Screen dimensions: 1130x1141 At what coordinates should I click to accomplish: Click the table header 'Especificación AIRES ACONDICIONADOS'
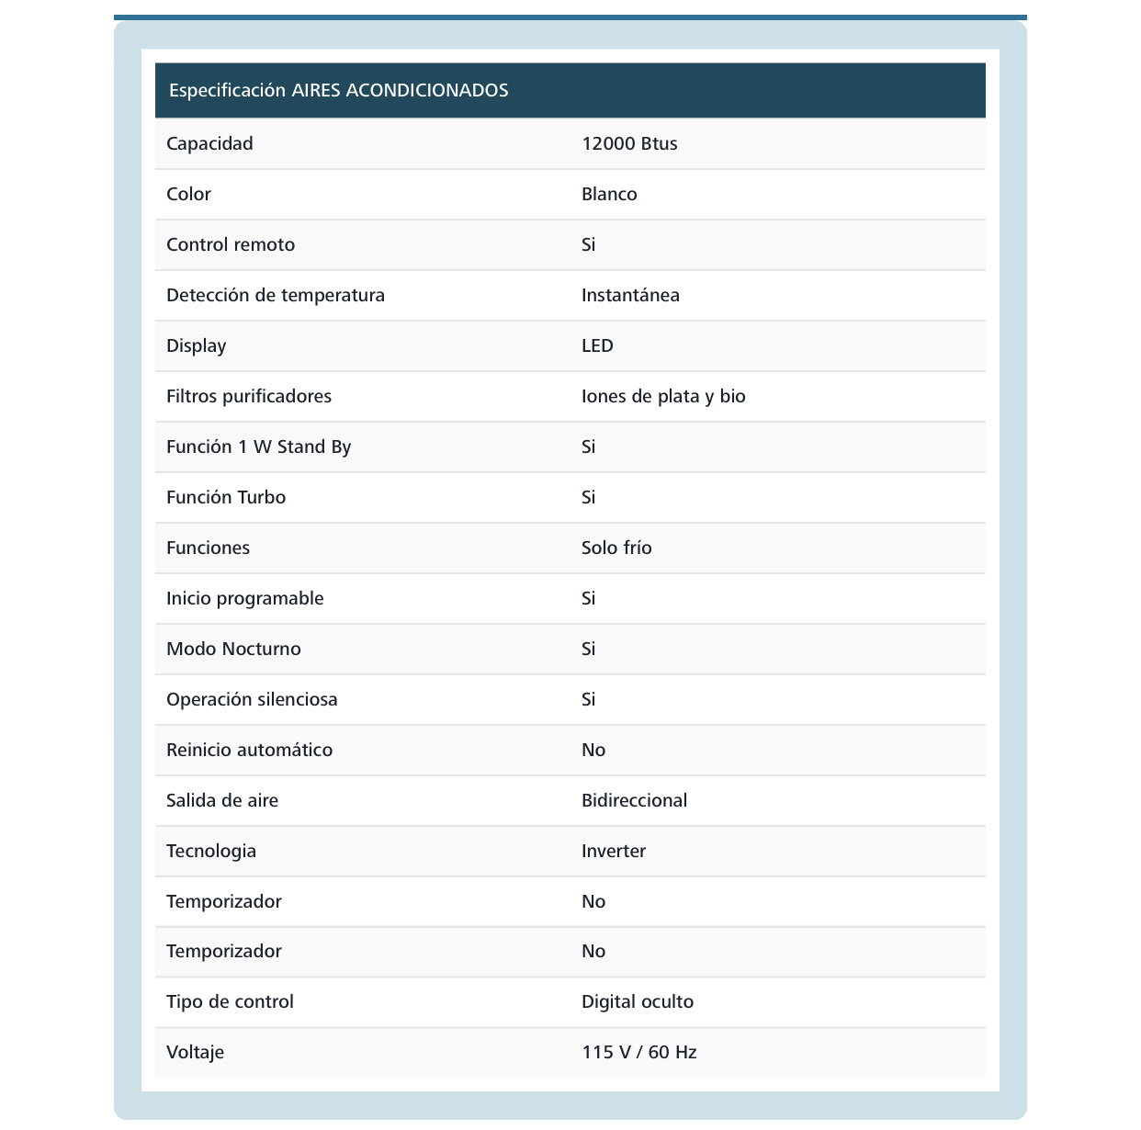[x=338, y=90]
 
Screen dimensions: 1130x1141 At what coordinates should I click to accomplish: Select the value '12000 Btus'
[x=629, y=143]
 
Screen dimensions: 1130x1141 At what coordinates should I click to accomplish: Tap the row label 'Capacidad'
[x=209, y=143]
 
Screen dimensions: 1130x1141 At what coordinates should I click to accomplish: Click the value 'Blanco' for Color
[x=609, y=194]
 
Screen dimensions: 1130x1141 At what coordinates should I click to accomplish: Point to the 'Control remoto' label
[x=231, y=244]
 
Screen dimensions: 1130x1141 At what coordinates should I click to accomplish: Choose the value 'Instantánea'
[x=630, y=295]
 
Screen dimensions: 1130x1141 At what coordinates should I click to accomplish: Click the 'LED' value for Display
[x=597, y=345]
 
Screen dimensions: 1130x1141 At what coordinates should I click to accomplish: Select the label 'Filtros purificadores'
[x=249, y=396]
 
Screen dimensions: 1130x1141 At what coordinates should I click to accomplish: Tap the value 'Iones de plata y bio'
[x=663, y=396]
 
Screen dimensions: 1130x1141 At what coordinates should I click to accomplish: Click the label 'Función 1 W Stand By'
[x=258, y=446]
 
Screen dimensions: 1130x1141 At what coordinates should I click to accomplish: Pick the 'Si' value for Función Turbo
[x=588, y=497]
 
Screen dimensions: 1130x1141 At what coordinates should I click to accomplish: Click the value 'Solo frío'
[x=616, y=548]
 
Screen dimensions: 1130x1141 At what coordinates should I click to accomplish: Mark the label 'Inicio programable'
[x=244, y=598]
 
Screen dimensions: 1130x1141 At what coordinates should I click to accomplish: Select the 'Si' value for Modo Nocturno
[x=588, y=649]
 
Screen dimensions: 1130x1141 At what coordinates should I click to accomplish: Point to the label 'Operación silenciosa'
[x=252, y=699]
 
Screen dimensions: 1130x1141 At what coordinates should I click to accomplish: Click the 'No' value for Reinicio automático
[x=593, y=750]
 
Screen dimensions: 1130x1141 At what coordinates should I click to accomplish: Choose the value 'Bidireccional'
[x=634, y=800]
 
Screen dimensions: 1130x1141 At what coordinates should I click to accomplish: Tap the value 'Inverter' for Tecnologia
[x=614, y=851]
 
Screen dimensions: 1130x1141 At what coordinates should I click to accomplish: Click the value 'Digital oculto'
[x=638, y=1001]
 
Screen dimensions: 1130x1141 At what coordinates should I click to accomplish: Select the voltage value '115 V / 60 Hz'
[x=638, y=1052]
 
